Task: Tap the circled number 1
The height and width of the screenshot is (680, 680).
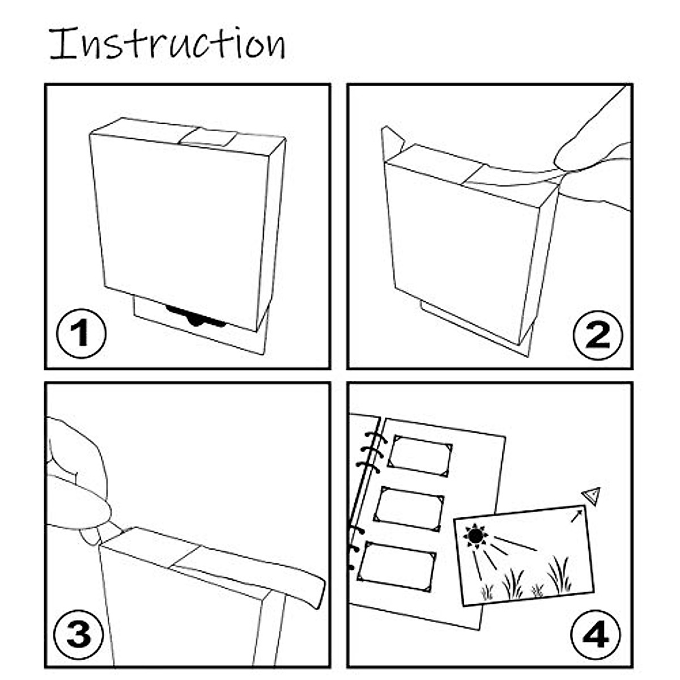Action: coord(81,334)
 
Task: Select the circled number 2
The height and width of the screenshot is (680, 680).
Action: coord(598,334)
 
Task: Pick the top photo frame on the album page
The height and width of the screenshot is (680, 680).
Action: coord(419,456)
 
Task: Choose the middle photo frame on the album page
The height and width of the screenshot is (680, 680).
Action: coord(409,508)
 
